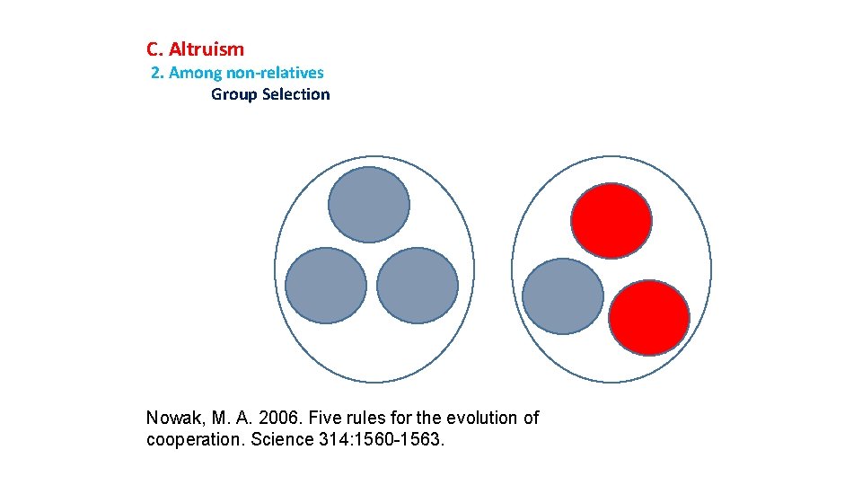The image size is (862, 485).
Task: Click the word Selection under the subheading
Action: tap(296, 94)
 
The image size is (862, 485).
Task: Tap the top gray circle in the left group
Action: tap(368, 205)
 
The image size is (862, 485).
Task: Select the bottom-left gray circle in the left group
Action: tap(326, 286)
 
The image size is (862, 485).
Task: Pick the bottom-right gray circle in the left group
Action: tap(418, 286)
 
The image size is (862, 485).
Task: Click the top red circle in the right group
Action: tap(611, 220)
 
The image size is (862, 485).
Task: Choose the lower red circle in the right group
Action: tap(649, 317)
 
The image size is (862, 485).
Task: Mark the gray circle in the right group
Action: tap(563, 296)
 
